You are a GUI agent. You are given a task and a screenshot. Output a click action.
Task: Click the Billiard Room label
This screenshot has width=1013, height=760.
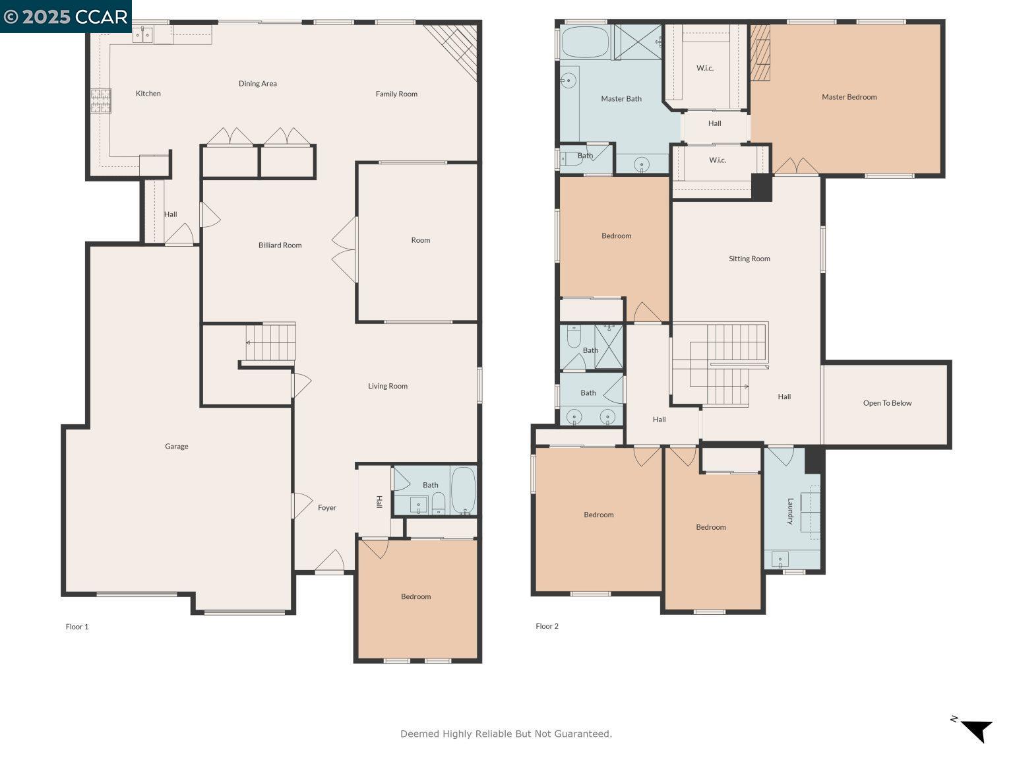280,245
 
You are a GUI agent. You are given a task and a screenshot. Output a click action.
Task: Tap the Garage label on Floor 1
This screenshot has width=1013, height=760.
176,447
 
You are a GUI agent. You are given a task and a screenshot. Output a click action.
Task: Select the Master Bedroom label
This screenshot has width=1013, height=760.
849,97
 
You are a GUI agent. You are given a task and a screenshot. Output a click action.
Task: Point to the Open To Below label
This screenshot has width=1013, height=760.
887,403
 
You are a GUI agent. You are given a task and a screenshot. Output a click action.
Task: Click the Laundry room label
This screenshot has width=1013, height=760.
789,511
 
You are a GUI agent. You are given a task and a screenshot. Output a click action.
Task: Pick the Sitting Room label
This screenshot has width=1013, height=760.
749,259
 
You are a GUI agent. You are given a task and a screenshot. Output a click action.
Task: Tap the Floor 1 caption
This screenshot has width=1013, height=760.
77,627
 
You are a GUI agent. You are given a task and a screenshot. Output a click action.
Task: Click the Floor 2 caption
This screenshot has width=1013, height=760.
547,626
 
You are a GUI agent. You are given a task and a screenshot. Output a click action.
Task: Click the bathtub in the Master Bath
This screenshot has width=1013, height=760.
584,42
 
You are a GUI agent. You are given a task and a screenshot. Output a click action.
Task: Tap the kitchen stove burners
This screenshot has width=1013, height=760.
100,101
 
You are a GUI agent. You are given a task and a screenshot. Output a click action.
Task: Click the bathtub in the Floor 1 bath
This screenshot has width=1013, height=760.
463,490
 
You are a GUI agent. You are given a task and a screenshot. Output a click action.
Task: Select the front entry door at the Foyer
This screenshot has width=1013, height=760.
329,562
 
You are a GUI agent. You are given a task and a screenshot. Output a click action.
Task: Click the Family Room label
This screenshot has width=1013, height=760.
396,94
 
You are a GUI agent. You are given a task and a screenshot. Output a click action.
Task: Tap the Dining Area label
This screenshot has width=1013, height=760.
257,84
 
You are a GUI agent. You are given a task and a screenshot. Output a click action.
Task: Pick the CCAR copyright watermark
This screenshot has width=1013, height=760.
66,16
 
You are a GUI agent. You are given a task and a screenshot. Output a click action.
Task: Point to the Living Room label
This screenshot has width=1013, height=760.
387,386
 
